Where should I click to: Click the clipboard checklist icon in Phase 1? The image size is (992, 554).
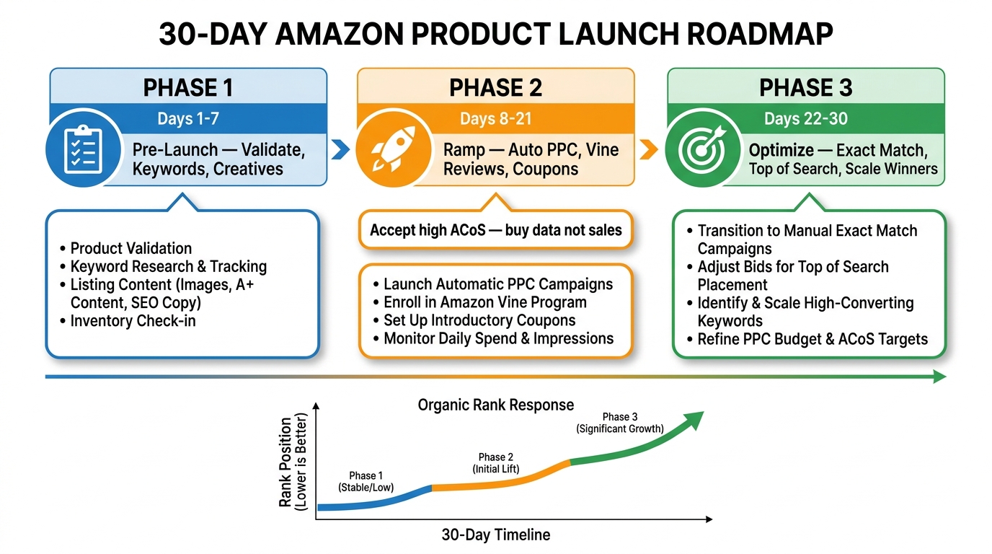81,150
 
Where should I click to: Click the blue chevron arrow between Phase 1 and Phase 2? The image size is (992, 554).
340,150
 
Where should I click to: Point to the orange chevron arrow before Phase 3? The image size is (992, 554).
649,150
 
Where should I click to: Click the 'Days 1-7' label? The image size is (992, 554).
188,118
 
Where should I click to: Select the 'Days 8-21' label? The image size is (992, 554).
496,118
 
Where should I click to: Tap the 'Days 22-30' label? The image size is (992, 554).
805,118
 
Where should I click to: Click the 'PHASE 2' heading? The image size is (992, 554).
496,88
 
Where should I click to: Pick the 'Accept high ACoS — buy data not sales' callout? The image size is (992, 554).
495,230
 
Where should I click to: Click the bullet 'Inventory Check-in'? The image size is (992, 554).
133,320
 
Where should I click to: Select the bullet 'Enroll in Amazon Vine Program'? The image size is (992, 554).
484,302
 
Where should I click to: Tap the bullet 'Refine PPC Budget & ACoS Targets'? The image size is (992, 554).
812,339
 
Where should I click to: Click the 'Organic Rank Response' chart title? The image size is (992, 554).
496,405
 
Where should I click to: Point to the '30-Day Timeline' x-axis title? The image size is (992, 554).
496,535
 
